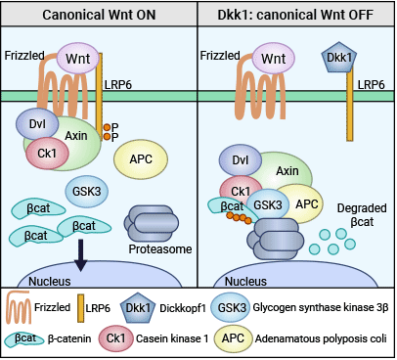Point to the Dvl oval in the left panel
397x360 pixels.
(x=37, y=123)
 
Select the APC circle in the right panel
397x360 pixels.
(x=307, y=203)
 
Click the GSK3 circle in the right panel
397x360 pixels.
(x=268, y=203)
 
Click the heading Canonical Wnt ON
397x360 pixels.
(x=98, y=14)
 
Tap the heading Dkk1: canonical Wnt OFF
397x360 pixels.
(x=296, y=14)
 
